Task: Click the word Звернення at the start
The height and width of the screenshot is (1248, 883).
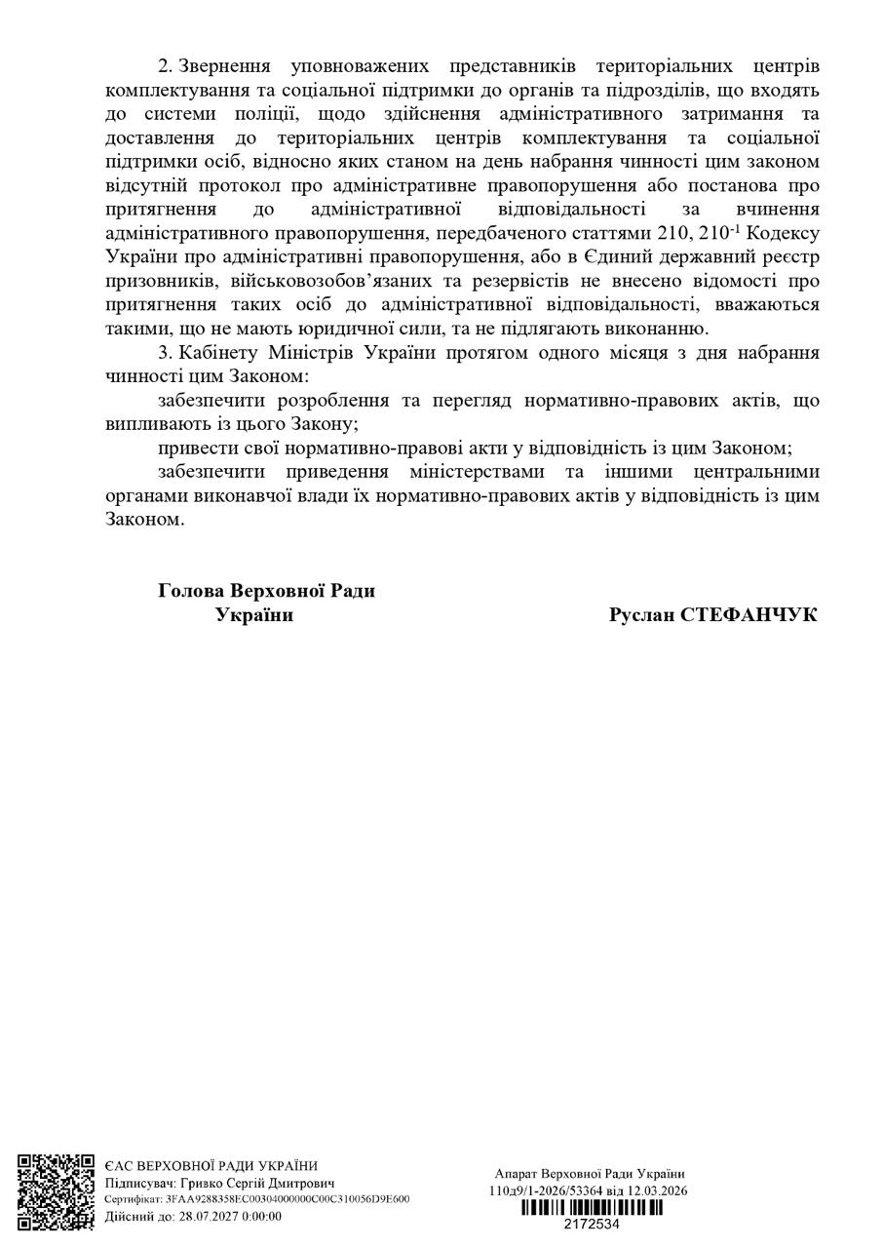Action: click(227, 66)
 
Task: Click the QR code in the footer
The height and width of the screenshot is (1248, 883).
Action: click(56, 1192)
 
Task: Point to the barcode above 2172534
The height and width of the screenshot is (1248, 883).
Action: click(591, 1208)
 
